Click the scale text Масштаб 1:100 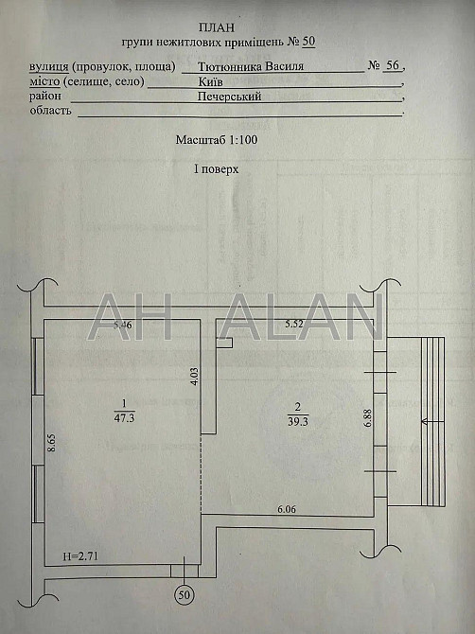tap(216, 139)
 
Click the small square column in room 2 tap(223, 341)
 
